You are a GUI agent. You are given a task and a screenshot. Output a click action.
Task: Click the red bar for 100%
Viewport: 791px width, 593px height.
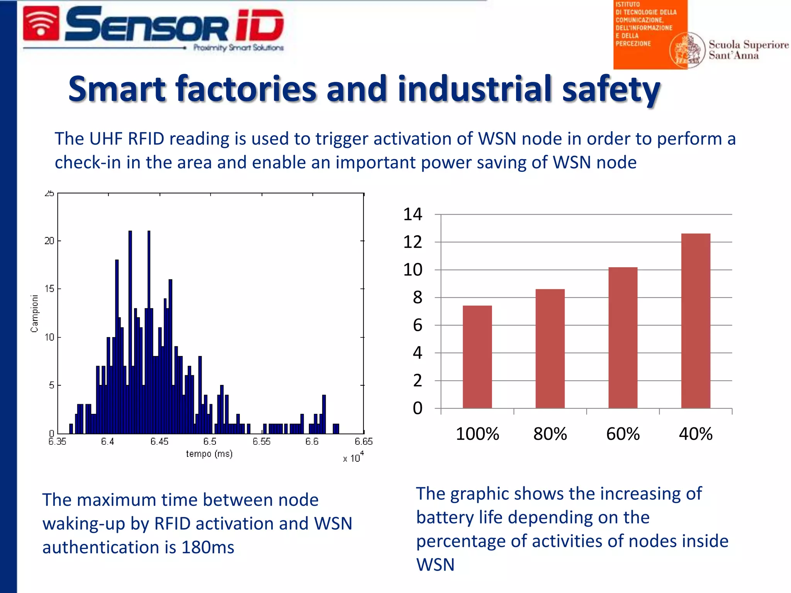477,357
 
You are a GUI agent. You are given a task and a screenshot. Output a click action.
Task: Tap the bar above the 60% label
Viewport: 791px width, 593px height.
623,337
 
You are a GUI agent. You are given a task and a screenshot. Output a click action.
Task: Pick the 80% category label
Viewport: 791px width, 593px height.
550,434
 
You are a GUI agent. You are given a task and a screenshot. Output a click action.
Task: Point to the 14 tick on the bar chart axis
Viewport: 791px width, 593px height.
413,214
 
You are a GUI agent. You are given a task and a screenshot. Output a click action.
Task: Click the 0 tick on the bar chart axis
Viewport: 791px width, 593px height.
418,408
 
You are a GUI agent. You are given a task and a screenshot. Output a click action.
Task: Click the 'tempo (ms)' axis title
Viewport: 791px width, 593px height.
209,454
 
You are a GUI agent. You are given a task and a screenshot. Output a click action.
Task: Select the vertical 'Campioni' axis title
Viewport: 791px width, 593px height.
34,313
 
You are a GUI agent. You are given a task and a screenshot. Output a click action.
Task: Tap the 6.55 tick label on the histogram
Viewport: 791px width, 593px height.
261,441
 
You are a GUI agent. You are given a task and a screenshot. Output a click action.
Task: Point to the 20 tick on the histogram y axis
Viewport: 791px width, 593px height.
49,241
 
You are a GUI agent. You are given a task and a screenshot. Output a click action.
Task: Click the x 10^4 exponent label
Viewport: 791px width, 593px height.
353,457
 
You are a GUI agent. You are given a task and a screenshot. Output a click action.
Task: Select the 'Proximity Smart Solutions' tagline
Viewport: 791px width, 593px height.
238,48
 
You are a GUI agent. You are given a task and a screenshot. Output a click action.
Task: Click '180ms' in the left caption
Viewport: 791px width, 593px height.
208,547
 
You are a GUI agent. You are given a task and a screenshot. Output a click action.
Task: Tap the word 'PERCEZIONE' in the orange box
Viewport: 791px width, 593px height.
633,44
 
